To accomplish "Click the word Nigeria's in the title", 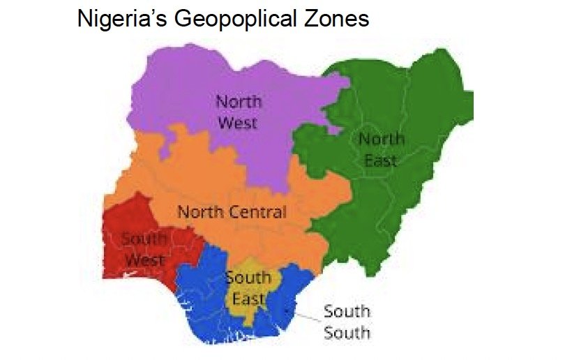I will coord(119,19).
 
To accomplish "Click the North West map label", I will coord(238,112).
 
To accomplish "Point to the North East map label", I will coord(381,149).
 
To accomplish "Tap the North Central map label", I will coord(232,211).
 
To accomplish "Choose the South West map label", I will coord(144,249).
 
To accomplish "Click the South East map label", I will coord(248,288).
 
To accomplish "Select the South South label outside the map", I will coord(347,321).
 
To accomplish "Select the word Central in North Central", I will coord(260,211).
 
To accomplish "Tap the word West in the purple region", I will coord(238,123).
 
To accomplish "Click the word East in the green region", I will coord(381,160).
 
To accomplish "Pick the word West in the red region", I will coord(144,260).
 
